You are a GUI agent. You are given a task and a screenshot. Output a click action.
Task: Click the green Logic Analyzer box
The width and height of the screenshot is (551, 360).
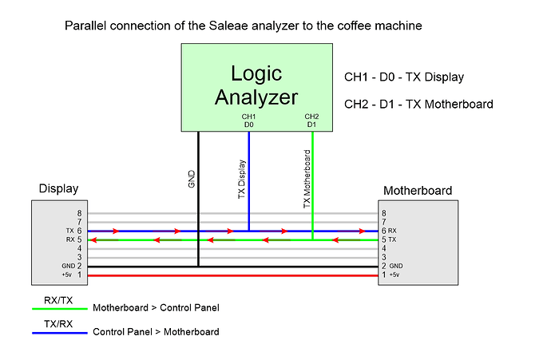(256, 86)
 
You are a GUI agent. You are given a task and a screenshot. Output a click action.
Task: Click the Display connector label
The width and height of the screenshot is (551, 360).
(59, 189)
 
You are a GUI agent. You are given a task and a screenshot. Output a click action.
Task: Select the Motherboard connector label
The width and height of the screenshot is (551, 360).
(418, 191)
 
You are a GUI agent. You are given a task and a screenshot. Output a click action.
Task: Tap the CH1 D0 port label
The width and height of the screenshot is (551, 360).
(248, 121)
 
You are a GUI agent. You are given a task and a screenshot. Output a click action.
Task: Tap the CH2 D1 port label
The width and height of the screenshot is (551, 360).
(312, 121)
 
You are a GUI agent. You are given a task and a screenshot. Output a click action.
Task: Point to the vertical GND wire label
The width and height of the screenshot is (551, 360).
(192, 177)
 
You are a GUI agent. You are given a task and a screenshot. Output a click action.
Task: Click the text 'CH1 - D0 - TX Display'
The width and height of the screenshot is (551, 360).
(403, 77)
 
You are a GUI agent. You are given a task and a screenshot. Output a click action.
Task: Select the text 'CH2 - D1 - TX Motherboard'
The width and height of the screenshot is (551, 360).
(418, 104)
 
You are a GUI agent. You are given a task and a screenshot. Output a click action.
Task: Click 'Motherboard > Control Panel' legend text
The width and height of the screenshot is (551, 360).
(156, 307)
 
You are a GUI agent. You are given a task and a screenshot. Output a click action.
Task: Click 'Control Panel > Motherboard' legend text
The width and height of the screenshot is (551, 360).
(156, 331)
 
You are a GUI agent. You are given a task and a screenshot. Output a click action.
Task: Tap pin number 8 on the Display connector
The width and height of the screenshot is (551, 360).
(80, 213)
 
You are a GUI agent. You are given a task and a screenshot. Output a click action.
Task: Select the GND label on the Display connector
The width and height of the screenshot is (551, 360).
(69, 265)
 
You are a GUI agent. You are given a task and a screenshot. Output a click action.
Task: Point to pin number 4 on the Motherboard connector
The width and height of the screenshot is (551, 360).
(384, 247)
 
